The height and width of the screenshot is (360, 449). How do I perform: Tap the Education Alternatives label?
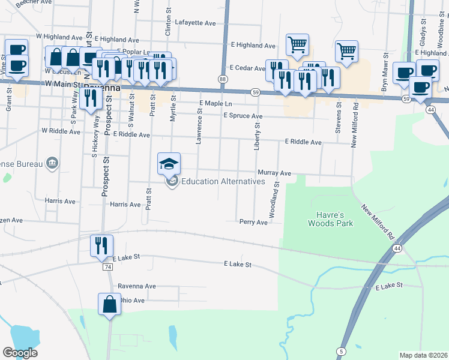tap(223, 181)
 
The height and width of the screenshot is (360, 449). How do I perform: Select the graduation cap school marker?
tap(169, 164)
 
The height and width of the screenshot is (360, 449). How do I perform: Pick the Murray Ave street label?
tap(274, 173)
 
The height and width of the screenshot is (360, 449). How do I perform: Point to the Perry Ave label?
tap(253, 222)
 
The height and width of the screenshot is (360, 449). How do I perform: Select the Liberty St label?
tap(256, 136)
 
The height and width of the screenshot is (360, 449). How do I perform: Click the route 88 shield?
tap(223, 79)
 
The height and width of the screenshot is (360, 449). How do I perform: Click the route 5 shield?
tap(341, 350)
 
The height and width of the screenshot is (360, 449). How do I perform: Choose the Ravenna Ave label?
tap(137, 286)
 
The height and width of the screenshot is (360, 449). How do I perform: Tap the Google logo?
tap(20, 353)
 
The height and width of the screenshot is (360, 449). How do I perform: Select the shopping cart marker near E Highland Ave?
tap(297, 44)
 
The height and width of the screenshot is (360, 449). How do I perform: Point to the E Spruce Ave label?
tap(243, 115)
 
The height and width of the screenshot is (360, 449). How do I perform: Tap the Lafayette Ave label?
tap(198, 23)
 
